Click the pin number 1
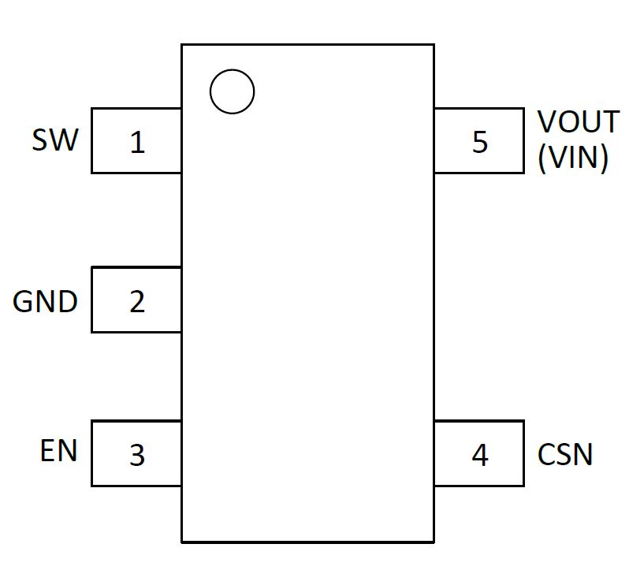tap(137, 143)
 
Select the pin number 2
tap(137, 301)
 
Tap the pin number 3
tap(137, 455)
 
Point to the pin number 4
tap(479, 455)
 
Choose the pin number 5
tap(479, 143)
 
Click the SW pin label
tap(55, 140)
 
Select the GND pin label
tap(45, 301)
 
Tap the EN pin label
tap(59, 451)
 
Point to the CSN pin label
tap(565, 455)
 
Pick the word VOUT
tap(578, 122)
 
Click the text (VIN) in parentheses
tap(573, 158)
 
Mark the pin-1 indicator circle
tap(232, 91)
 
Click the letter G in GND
tap(24, 301)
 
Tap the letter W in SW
tap(65, 140)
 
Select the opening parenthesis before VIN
tap(542, 159)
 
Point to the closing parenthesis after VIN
tap(604, 159)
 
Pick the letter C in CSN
tap(547, 455)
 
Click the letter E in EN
tap(48, 451)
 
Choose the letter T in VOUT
tap(611, 122)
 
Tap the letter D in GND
tap(68, 301)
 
